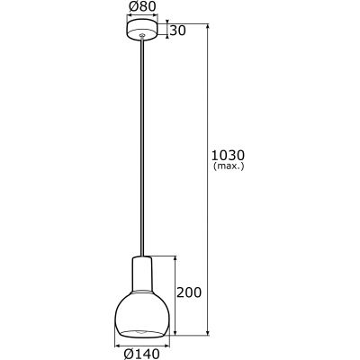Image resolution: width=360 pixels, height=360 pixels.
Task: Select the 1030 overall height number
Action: [x=229, y=155]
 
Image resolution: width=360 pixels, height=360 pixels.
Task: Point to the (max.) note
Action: [x=229, y=167]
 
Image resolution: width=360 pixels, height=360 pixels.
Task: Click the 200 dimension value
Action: [x=191, y=292]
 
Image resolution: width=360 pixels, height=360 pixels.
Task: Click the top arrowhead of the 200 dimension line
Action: [x=175, y=256]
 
